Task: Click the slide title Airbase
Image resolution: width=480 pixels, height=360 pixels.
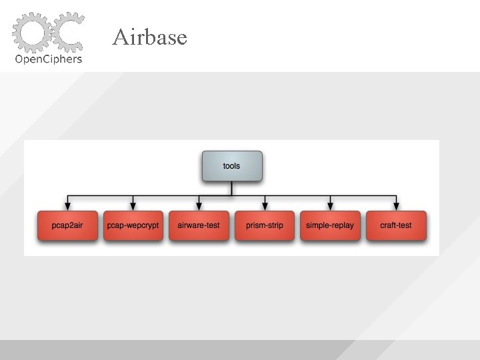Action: (149, 37)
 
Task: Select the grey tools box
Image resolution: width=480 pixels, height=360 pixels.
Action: (231, 166)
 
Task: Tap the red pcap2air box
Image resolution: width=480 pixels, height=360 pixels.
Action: (67, 225)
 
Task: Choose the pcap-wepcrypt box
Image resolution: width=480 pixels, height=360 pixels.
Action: (133, 225)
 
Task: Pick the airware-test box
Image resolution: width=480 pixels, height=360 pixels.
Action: (199, 225)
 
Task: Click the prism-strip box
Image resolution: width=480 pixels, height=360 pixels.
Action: (265, 225)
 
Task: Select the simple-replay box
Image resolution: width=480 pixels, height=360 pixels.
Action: (330, 225)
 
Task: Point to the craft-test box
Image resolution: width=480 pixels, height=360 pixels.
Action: (396, 225)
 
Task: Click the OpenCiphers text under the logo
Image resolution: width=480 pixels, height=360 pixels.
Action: (49, 59)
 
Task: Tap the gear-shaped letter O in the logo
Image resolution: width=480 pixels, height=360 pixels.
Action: (31, 31)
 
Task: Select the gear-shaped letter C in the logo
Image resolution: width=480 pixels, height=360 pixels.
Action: (67, 31)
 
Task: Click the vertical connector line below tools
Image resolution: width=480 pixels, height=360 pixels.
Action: (231, 189)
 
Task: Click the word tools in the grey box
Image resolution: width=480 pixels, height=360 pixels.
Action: (231, 165)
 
